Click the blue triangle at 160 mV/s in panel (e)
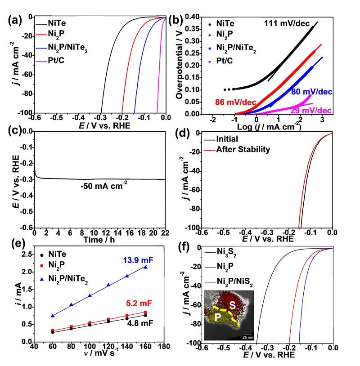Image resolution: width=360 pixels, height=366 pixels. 146,267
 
